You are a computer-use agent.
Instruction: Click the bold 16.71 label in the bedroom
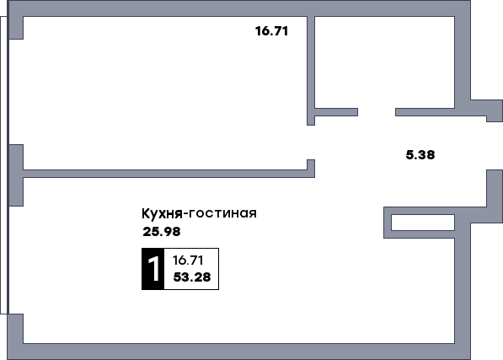pyautogui.click(x=271, y=31)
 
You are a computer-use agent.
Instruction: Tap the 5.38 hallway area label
pyautogui.click(x=420, y=154)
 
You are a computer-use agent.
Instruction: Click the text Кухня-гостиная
pyautogui.click(x=199, y=213)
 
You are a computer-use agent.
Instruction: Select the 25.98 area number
pyautogui.click(x=162, y=231)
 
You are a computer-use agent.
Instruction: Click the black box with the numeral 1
pyautogui.click(x=153, y=269)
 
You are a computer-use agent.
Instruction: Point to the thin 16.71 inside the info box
pyautogui.click(x=188, y=261)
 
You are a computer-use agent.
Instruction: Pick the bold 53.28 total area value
pyautogui.click(x=192, y=277)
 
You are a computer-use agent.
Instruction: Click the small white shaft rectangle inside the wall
pyautogui.click(x=423, y=223)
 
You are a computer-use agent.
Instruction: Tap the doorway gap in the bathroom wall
pyautogui.click(x=377, y=112)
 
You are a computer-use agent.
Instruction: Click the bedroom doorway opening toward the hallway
pyautogui.click(x=311, y=142)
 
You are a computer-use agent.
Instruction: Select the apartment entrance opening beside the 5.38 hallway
pyautogui.click(x=495, y=146)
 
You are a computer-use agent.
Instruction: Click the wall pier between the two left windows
pyautogui.click(x=15, y=175)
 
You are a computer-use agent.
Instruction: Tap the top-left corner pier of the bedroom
pyautogui.click(x=15, y=28)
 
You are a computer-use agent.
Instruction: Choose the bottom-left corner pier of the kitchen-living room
pyautogui.click(x=15, y=329)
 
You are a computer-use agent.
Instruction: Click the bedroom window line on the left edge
pyautogui.click(x=4, y=92)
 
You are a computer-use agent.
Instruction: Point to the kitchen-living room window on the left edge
pyautogui.click(x=4, y=260)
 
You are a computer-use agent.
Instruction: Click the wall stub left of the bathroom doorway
pyautogui.click(x=336, y=112)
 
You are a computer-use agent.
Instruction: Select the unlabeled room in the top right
pyautogui.click(x=385, y=62)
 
